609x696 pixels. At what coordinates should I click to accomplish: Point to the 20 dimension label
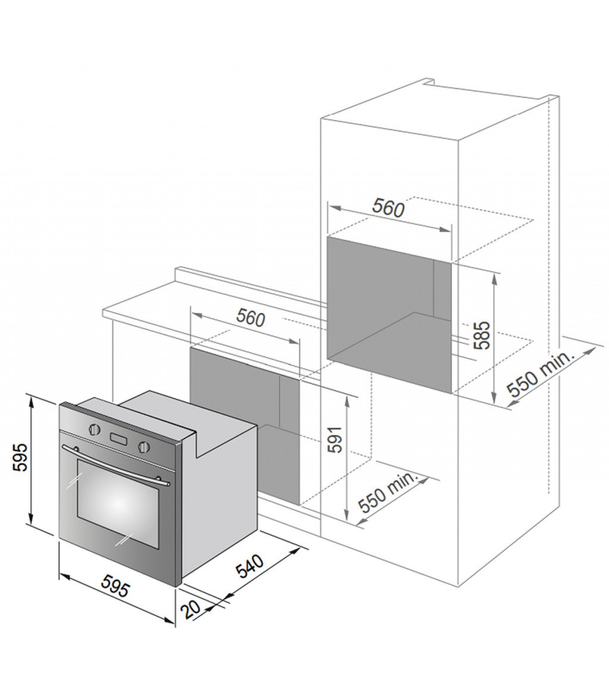pos(192,609)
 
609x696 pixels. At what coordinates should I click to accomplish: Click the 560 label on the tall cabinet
pos(388,208)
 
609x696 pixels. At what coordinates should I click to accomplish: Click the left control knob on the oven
pos(93,428)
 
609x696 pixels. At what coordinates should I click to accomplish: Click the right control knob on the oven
pos(143,447)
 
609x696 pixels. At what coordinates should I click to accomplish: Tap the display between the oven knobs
pos(118,439)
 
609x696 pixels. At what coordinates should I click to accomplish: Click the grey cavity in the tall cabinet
pos(381,297)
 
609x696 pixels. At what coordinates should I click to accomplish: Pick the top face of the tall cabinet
pos(440,113)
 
